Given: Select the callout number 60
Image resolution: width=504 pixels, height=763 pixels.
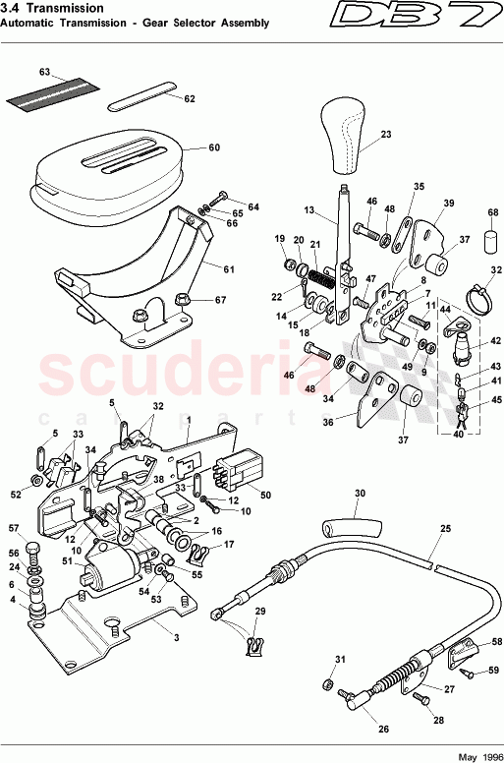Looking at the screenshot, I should click(x=214, y=149).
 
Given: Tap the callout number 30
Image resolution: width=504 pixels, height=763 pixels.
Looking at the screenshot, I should click(x=360, y=494).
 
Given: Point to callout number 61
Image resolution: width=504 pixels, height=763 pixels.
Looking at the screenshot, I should click(x=229, y=268).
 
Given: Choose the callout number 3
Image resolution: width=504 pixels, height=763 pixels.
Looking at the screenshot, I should click(x=177, y=637).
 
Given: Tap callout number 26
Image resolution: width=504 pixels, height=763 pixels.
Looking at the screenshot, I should click(x=381, y=729).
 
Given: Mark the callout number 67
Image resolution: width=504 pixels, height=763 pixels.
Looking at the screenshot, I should click(x=221, y=300).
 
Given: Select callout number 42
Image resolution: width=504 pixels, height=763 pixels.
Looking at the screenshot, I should click(x=496, y=341).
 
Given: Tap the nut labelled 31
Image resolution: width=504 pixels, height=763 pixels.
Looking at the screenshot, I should click(x=325, y=682).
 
